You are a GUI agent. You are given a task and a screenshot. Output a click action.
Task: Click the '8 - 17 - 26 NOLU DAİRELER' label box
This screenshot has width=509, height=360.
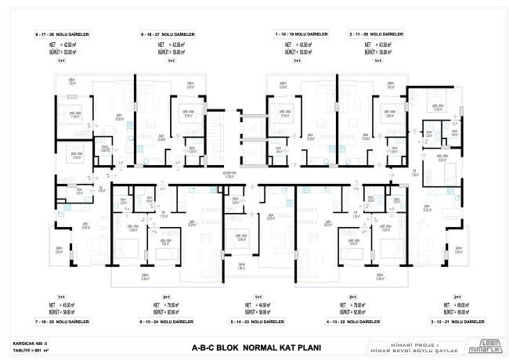pyautogui.click(x=61, y=34)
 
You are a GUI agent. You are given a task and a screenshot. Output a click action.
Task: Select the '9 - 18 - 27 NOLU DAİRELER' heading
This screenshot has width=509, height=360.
pyautogui.click(x=168, y=34)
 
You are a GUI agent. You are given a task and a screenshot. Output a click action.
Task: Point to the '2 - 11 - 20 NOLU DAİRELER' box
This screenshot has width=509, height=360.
pyautogui.click(x=377, y=34)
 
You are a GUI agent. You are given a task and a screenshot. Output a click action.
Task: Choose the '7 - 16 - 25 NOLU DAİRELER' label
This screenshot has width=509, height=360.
pyautogui.click(x=61, y=322)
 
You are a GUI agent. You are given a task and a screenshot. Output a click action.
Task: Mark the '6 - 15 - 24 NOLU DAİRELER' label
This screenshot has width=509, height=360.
pyautogui.click(x=167, y=322)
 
